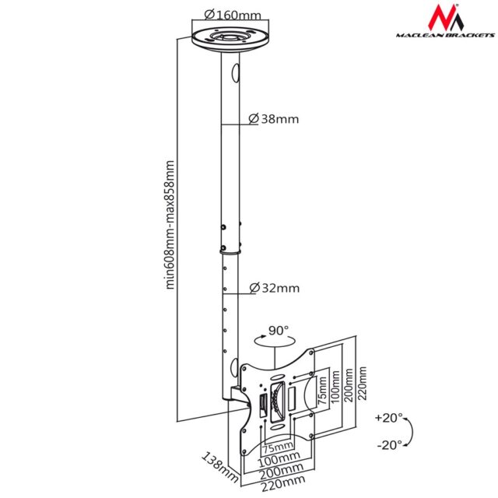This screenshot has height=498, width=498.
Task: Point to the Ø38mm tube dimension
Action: [x=273, y=119]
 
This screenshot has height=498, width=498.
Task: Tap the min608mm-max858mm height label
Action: [x=170, y=225]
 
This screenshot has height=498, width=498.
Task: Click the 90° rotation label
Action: [x=279, y=330]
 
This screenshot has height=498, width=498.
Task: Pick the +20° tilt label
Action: [x=389, y=418]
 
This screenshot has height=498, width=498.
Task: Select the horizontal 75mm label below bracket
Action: [x=277, y=449]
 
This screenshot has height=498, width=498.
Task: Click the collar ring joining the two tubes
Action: [x=228, y=251]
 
